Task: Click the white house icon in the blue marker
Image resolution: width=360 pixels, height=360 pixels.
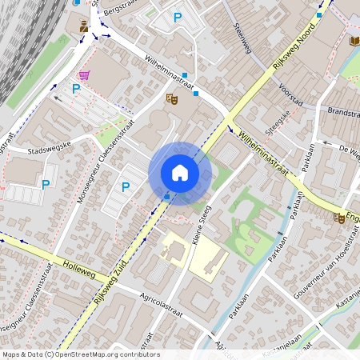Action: (180, 173)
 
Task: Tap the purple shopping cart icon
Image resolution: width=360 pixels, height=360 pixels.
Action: (83, 74)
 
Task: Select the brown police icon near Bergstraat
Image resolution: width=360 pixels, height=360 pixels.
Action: (84, 27)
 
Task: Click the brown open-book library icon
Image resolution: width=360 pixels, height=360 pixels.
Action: (354, 40)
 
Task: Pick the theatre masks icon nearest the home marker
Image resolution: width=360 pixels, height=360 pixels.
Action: (170, 98)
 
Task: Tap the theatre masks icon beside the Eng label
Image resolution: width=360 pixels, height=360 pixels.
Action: (339, 218)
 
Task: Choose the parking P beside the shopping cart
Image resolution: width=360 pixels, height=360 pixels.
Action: (76, 89)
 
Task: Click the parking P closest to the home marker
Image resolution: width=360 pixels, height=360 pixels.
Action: (126, 186)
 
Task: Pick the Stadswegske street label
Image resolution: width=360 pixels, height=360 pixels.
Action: (50, 149)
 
